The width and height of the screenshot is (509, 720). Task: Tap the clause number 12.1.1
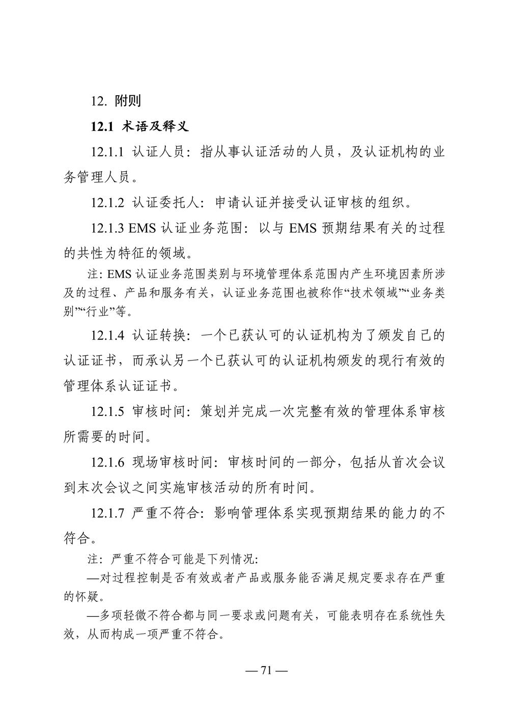point(107,152)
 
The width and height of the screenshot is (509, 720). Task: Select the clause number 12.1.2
point(107,202)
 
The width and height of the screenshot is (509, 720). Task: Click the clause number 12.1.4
point(107,336)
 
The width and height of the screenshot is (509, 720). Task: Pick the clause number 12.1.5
point(107,411)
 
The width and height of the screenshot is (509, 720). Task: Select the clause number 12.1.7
point(107,513)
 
